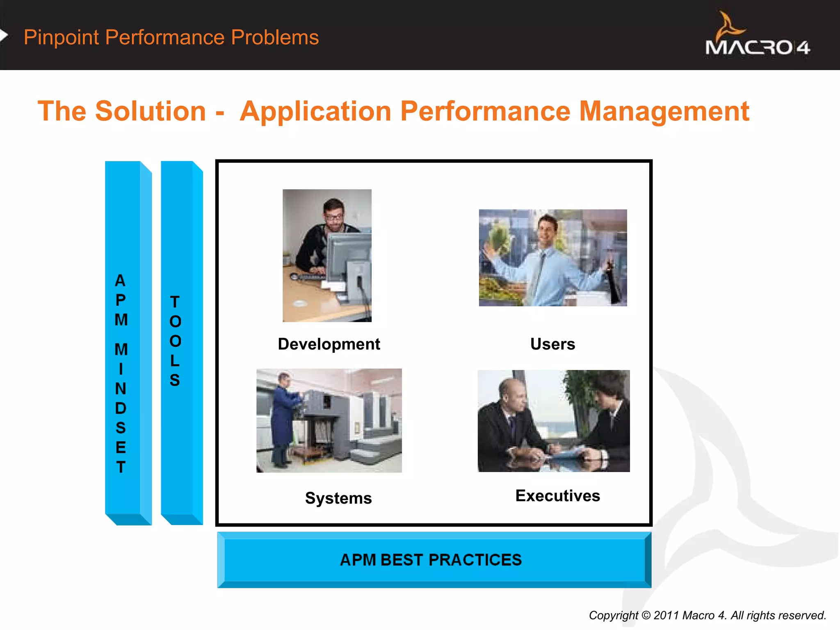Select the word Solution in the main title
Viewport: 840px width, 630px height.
150,111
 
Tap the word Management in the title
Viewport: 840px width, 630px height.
664,111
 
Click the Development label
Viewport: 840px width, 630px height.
329,344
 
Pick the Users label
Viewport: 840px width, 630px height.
552,344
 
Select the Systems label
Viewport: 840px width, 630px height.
338,498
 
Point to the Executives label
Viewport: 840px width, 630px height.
557,495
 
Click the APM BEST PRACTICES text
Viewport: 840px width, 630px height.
431,560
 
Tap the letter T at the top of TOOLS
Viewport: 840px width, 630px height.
175,302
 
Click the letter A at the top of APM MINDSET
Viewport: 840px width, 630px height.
120,281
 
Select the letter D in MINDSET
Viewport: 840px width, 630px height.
121,408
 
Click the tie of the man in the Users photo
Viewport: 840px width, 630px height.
538,275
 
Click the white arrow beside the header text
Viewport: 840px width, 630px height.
4,36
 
